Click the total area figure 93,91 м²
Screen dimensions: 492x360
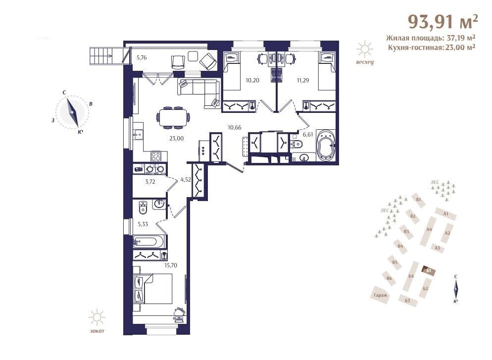tap(443, 22)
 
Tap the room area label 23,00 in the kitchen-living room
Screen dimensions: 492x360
tap(177, 139)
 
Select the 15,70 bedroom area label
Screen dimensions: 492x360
tap(171, 265)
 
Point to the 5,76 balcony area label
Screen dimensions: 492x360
tap(142, 58)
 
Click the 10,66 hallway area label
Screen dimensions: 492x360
tap(235, 127)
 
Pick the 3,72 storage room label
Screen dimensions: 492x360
tap(150, 182)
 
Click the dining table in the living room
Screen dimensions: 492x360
tap(173, 117)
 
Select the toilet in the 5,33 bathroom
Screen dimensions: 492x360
tap(143, 207)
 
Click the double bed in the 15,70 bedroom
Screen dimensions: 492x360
tap(153, 289)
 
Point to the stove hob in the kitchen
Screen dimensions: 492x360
tap(156, 156)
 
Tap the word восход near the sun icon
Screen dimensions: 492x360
tap(365, 62)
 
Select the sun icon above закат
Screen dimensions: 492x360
tap(97, 317)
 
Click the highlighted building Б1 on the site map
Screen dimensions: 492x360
tap(429, 270)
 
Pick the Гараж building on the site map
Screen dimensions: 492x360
tap(381, 295)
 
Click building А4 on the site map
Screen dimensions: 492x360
tap(429, 230)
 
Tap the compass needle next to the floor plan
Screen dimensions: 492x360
tap(72, 112)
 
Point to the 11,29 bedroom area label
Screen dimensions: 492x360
tap(303, 80)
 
